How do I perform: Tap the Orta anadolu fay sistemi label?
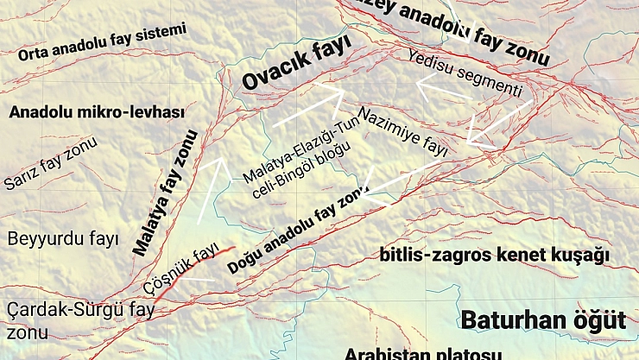[102, 43]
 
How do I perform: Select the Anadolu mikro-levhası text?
[95, 112]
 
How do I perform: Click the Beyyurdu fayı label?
[62, 239]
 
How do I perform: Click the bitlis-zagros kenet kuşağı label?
[495, 256]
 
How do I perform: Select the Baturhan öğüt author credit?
[543, 320]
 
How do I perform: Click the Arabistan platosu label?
[422, 353]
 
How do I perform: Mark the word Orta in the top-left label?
[34, 54]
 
